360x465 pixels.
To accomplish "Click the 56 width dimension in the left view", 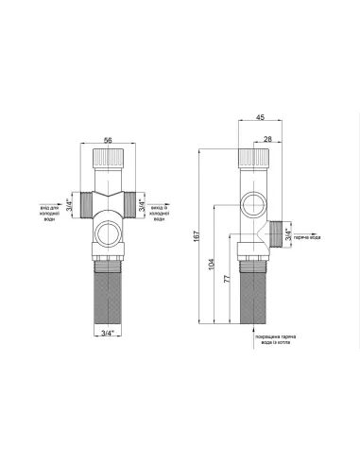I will coord(109,140).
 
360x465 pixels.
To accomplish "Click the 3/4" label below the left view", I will coord(109,331).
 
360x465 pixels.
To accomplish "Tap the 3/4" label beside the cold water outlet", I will coord(142,203).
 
